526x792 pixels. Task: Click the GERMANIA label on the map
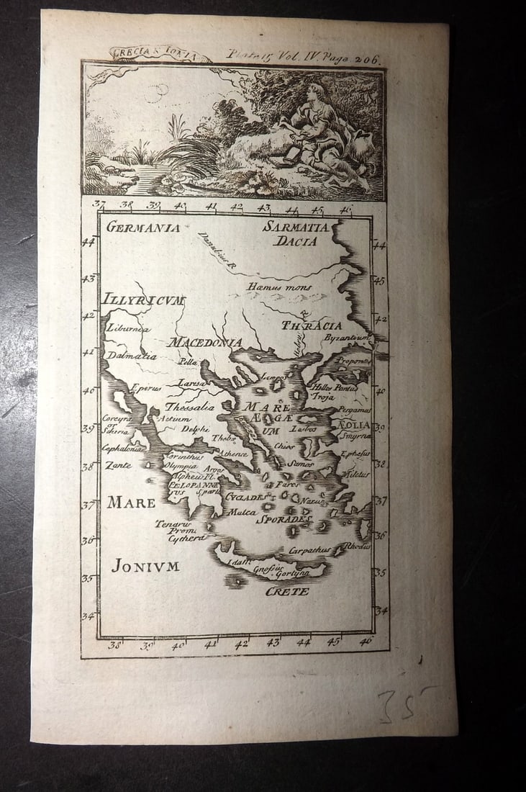coord(143,228)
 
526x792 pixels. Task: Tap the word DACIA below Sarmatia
coord(295,242)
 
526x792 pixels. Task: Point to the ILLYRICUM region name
coord(143,300)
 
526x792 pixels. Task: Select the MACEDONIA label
coord(204,342)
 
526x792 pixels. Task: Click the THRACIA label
coord(312,326)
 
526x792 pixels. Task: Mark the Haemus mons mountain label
coord(279,287)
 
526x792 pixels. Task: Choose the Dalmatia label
coord(131,355)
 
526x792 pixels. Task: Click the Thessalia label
coord(189,407)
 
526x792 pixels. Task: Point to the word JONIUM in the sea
coord(145,566)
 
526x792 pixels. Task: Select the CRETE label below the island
coord(286,591)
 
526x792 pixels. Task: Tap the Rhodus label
coord(358,546)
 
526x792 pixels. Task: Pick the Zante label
coord(119,465)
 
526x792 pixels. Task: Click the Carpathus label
coord(309,550)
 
